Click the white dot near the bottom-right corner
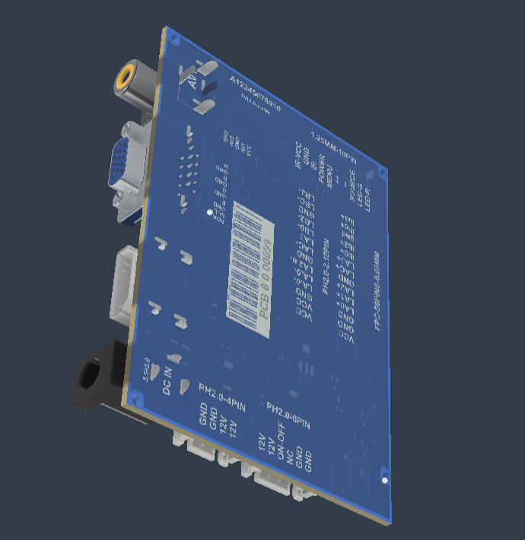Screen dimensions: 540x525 click(384, 481)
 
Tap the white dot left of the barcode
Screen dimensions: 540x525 click(210, 214)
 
